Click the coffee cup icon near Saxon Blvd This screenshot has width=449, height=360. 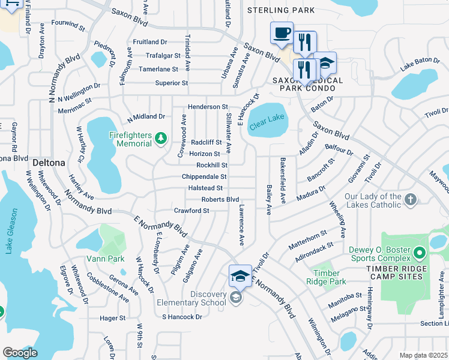click(281, 33)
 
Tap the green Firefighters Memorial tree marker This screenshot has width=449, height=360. click(160, 139)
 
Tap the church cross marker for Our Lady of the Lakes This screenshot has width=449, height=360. click(410, 200)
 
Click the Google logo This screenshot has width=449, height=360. click(20, 353)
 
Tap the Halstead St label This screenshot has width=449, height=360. click(206, 188)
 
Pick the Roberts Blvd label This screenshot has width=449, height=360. click(220, 199)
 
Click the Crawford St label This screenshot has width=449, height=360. click(191, 211)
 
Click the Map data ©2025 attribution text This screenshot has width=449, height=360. click(423, 355)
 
